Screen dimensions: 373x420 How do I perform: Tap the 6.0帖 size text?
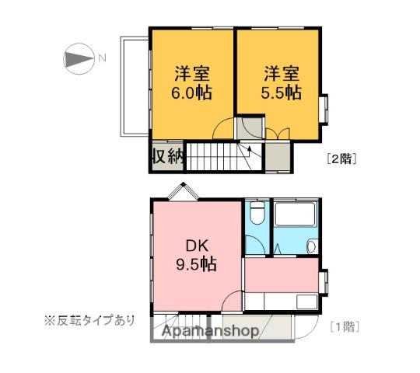point(191,92)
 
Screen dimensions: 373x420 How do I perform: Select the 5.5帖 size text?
point(281,92)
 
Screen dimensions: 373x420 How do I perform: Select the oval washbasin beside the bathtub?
point(311,247)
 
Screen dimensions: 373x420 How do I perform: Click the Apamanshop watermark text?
point(210,332)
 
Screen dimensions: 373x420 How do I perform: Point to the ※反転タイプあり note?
point(89,320)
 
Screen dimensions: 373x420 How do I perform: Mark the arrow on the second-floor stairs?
point(250,149)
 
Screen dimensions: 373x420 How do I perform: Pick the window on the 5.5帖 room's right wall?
point(326,108)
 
